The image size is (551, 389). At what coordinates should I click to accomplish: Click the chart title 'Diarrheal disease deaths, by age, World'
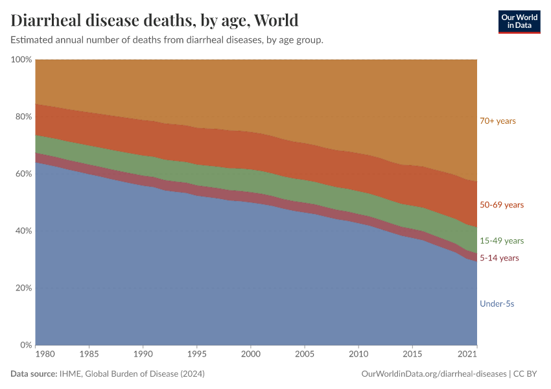coord(154,20)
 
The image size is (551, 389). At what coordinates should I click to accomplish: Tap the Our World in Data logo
coord(519,21)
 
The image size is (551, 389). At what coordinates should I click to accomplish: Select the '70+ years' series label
coord(497,121)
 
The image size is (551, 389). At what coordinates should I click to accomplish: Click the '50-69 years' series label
coord(501,205)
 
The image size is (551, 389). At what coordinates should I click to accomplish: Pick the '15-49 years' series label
coord(501,241)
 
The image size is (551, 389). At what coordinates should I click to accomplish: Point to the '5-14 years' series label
coord(498,258)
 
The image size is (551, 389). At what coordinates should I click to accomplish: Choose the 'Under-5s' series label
coord(497,303)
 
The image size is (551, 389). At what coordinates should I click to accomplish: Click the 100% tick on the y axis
coord(21,60)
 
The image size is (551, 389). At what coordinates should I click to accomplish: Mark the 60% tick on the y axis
coord(23,174)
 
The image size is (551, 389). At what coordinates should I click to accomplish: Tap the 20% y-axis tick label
coord(23,288)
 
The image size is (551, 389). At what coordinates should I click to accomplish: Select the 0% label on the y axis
coord(25,345)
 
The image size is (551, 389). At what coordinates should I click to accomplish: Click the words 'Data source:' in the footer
coord(34,374)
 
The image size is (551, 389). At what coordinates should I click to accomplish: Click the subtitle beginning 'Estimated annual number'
coord(167,40)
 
